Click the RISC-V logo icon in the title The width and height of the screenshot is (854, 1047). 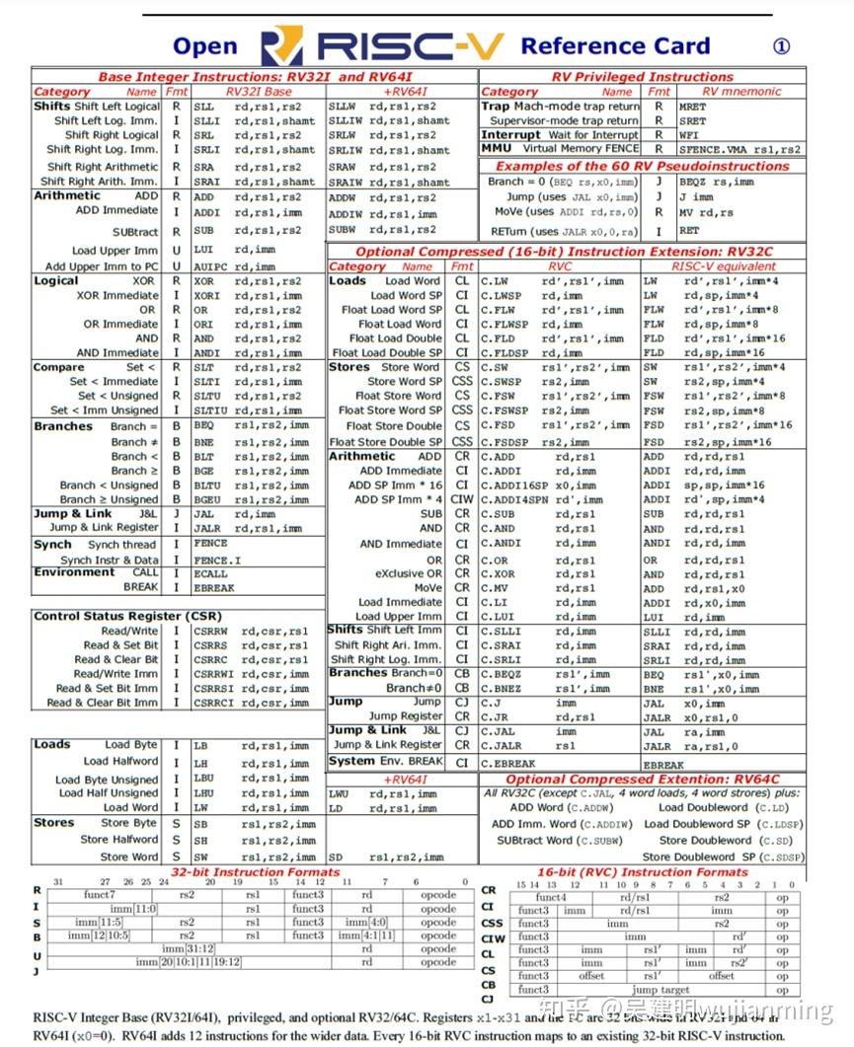point(280,46)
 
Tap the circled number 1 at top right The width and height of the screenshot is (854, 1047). point(781,46)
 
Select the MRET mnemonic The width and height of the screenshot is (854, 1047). point(692,107)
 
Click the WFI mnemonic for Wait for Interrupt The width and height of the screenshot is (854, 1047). point(688,135)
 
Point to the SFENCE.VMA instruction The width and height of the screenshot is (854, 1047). point(717,150)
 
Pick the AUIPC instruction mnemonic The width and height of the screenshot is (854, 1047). point(208,266)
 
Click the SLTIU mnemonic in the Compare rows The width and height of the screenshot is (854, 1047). point(208,411)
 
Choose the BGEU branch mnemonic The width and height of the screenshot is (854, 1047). point(207,499)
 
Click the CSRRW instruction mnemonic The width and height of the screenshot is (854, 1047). point(209,632)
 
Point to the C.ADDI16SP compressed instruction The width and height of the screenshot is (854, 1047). point(513,486)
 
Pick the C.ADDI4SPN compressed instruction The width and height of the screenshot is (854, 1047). point(513,500)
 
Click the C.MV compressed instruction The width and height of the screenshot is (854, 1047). point(495,588)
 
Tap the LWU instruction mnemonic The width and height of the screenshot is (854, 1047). point(339,793)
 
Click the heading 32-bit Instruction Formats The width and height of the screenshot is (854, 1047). point(255,872)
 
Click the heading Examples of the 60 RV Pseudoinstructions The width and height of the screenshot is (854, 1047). point(642,166)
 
